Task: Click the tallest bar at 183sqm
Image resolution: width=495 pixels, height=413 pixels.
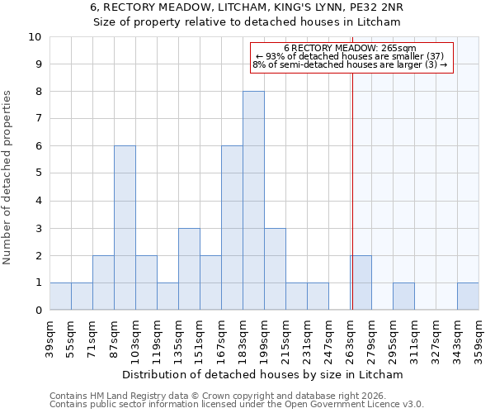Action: click(x=253, y=201)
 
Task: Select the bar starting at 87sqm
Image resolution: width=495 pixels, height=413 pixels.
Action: click(x=125, y=228)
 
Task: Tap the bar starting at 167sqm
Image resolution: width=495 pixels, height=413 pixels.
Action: click(x=232, y=228)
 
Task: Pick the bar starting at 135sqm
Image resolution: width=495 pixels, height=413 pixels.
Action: click(x=189, y=269)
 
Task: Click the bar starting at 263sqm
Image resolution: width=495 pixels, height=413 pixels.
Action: click(x=361, y=282)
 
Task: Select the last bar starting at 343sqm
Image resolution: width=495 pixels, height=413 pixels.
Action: click(x=468, y=297)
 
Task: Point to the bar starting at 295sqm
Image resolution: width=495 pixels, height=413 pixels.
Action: click(x=403, y=297)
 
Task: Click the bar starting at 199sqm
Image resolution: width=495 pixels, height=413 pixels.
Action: click(x=275, y=269)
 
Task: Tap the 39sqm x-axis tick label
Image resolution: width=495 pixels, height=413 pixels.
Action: click(x=50, y=338)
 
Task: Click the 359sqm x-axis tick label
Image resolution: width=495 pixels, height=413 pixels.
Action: click(x=479, y=338)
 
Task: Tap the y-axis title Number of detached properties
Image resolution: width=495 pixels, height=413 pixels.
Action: click(x=8, y=178)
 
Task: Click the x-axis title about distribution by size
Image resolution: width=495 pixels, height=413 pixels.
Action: click(x=267, y=374)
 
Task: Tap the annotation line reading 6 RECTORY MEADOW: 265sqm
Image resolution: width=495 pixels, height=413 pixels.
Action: click(x=350, y=48)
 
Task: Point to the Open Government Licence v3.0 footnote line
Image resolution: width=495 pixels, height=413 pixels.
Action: click(x=236, y=405)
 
